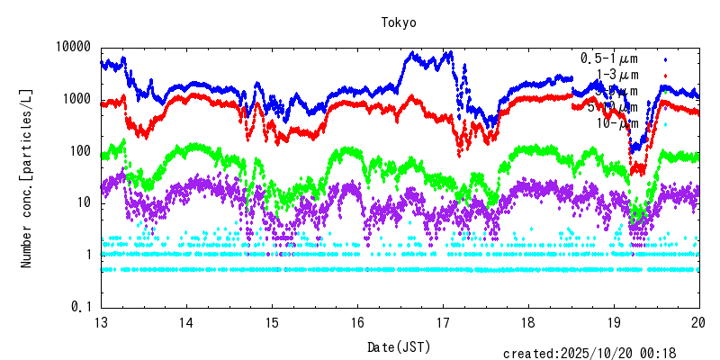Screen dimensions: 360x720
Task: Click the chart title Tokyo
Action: click(400, 22)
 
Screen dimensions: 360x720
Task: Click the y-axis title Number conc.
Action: click(29, 176)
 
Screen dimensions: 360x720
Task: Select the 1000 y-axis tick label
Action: click(77, 99)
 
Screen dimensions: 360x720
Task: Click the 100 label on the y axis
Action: click(81, 151)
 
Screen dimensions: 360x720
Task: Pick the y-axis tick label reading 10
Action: click(85, 202)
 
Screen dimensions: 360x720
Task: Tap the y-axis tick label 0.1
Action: click(81, 307)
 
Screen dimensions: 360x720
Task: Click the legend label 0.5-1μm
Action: click(609, 58)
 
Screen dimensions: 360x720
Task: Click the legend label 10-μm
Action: click(616, 123)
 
